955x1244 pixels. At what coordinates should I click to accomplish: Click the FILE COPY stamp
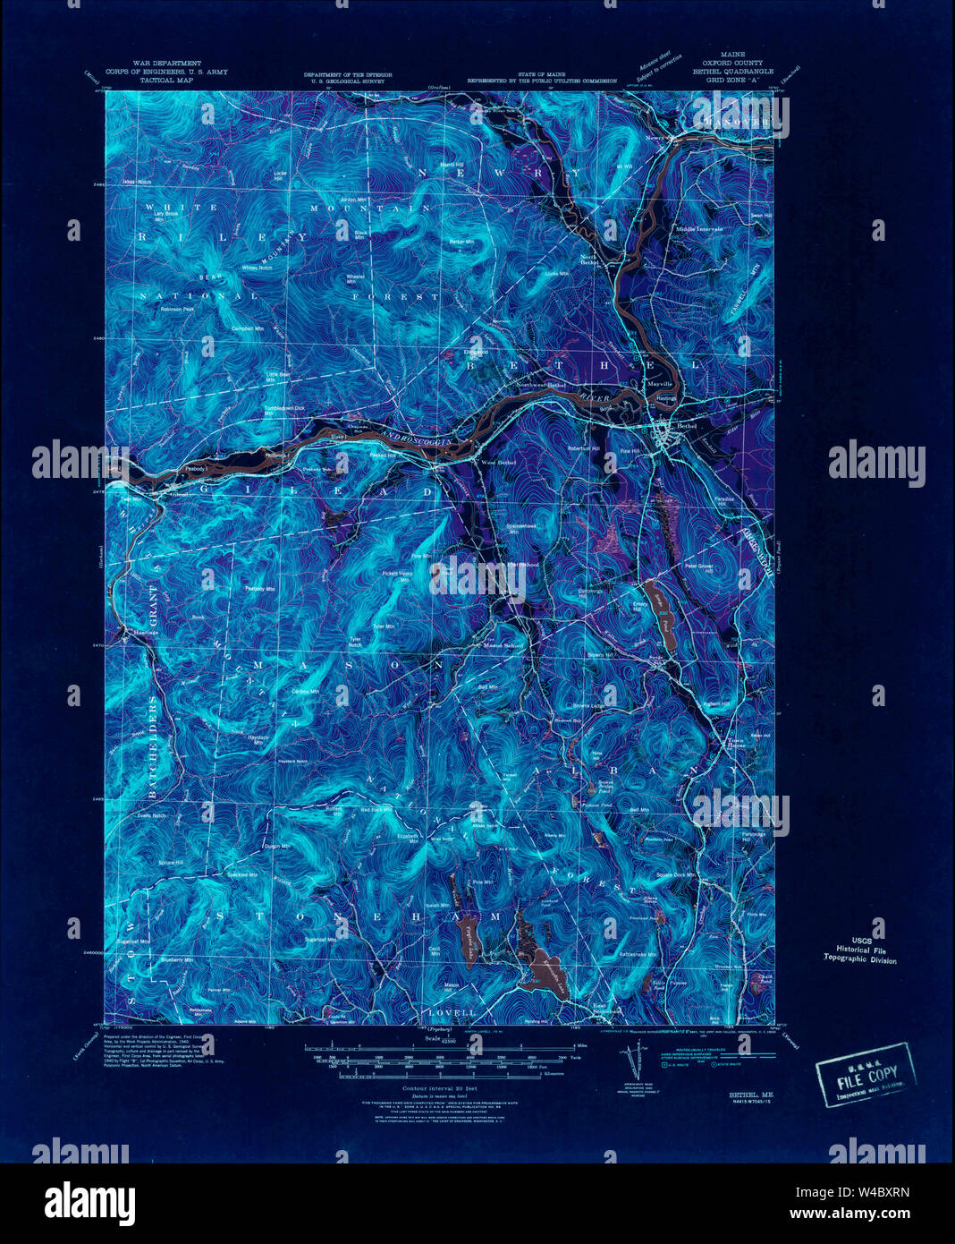(x=864, y=1074)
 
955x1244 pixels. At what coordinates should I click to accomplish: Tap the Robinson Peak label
(x=177, y=310)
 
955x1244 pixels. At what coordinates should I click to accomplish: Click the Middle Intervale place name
(x=699, y=230)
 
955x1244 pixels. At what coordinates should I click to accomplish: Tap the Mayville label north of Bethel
(x=660, y=384)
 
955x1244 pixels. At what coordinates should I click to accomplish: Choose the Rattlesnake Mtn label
(x=638, y=954)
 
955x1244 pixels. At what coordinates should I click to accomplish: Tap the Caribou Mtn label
(x=306, y=692)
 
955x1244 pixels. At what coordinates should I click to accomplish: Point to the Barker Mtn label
(x=461, y=242)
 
